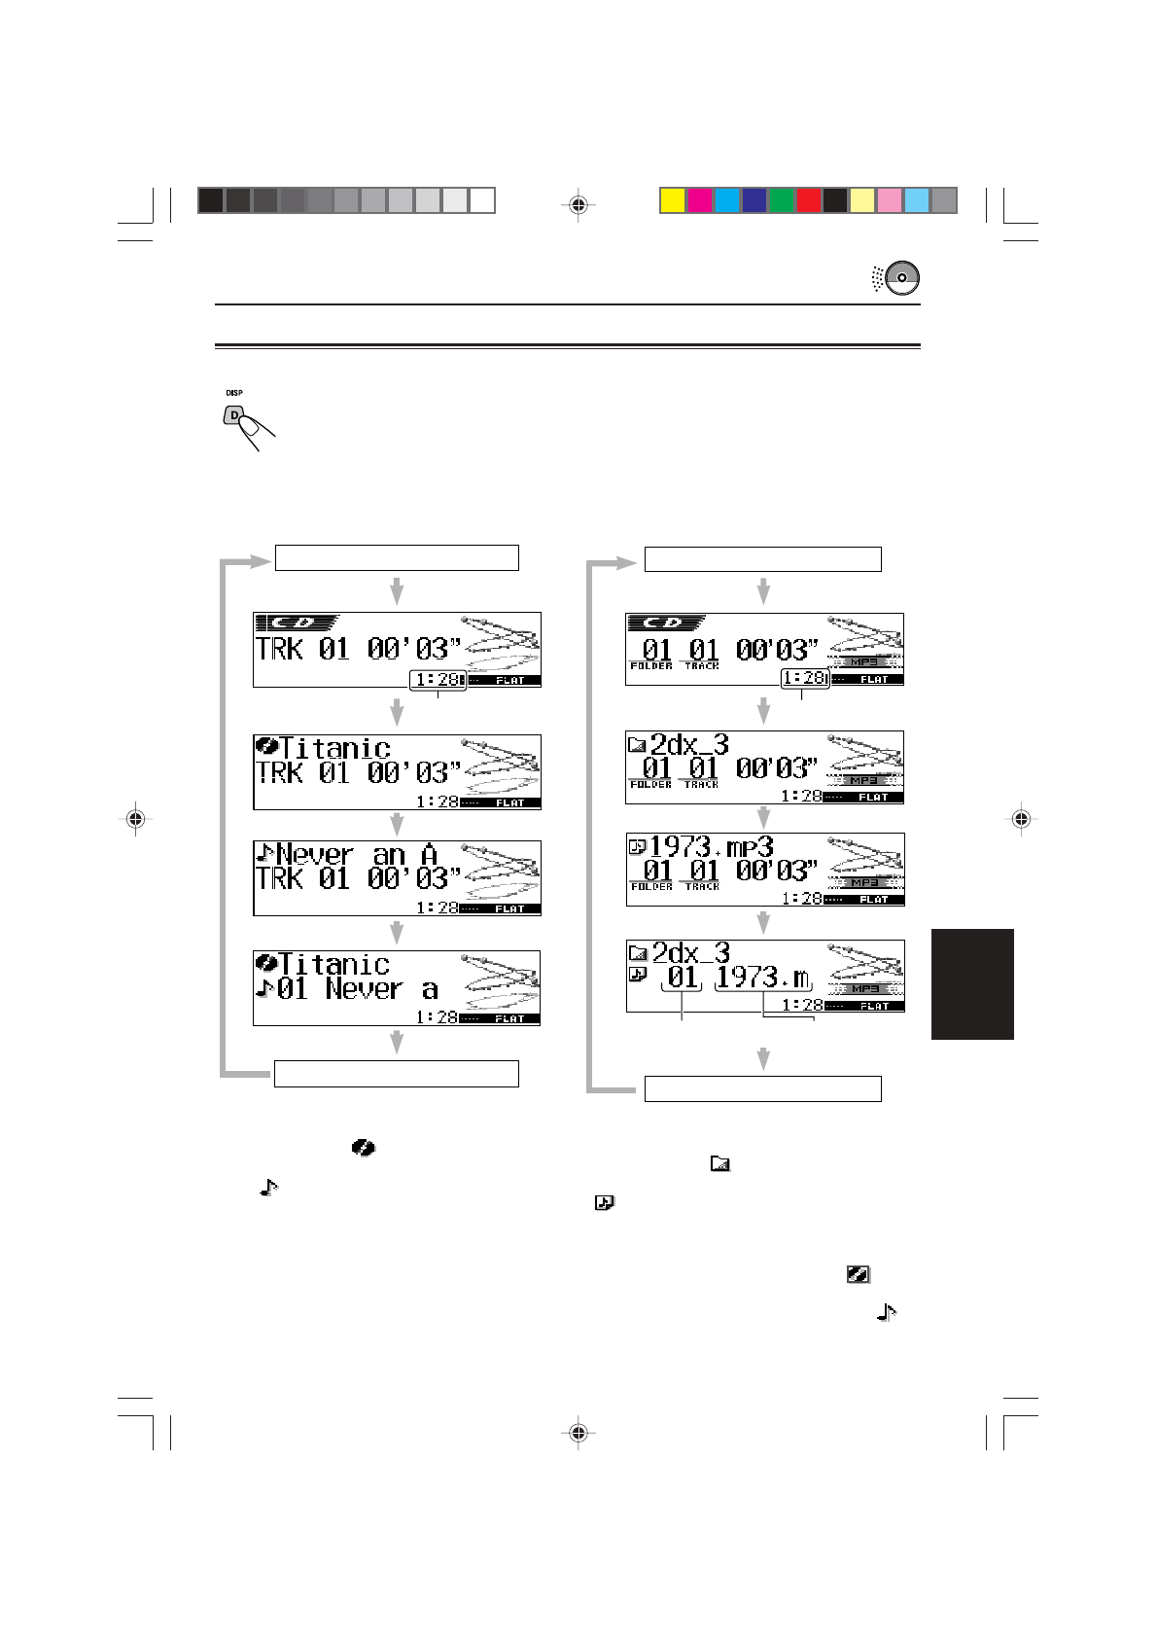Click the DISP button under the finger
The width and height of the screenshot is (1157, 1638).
tap(233, 415)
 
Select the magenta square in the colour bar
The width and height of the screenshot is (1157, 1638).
tap(699, 200)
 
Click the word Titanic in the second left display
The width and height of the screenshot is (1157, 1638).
tap(335, 748)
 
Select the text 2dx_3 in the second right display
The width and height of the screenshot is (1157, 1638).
tap(688, 745)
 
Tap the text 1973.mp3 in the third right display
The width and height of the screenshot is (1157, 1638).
tap(711, 846)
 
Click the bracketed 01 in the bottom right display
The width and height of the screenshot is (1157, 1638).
tap(683, 977)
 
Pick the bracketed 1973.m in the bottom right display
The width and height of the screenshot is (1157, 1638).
tap(762, 977)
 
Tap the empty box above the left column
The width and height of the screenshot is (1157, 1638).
tap(397, 557)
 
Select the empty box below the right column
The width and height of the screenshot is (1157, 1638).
tap(763, 1088)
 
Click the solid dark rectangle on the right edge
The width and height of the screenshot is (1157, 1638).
tap(972, 983)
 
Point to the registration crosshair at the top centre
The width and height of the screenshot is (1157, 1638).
tap(578, 205)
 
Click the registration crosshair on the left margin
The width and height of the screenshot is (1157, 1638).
tap(136, 819)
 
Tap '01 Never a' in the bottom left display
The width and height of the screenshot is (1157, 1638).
tap(357, 990)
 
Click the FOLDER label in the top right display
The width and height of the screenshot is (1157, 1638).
tap(651, 666)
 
